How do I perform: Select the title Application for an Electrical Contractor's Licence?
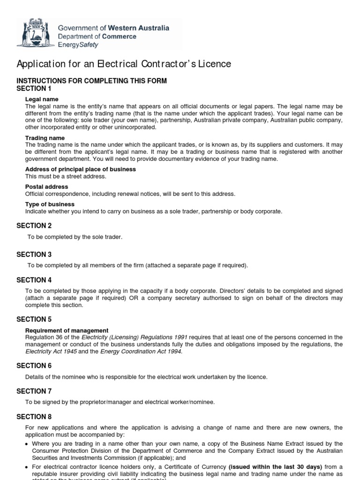coord(124,64)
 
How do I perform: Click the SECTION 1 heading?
coord(34,89)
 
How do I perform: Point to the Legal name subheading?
coord(42,99)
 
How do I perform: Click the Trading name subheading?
coord(45,138)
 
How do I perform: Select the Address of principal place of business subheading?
coord(80,169)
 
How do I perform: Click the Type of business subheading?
coord(50,204)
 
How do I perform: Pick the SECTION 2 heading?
coord(34,225)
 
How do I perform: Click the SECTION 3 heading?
coord(34,255)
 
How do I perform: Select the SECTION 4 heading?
coord(34,280)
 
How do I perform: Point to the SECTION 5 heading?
coord(34,319)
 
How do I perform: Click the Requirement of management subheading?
coord(67,330)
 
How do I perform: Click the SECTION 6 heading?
coord(34,366)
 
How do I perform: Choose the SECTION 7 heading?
coord(34,391)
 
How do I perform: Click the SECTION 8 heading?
coord(34,417)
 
